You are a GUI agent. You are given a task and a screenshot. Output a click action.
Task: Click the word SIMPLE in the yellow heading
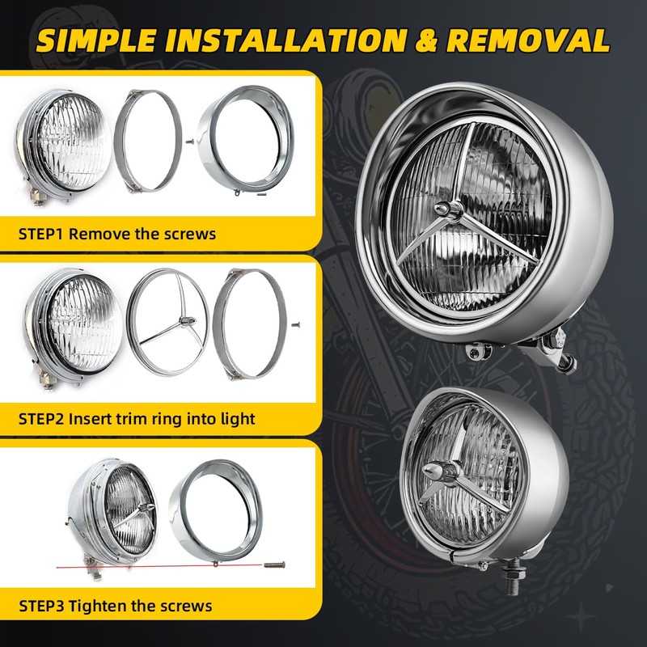click(97, 41)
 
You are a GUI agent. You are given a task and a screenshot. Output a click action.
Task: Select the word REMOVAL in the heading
click(528, 41)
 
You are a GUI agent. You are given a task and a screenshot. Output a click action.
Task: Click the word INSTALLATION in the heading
click(285, 41)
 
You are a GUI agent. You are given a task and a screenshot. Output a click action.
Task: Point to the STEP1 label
click(40, 234)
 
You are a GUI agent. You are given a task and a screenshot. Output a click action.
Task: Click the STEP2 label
click(41, 419)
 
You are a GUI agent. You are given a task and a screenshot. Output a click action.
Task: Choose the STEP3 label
click(41, 606)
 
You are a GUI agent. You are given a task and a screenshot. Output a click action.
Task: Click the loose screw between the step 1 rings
click(189, 142)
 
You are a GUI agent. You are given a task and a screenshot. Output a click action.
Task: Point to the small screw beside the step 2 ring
click(295, 325)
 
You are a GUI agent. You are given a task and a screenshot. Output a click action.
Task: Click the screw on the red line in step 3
click(274, 565)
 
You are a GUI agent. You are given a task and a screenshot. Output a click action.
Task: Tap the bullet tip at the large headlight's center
click(442, 208)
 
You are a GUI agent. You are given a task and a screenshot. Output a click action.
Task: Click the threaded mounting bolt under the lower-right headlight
click(512, 579)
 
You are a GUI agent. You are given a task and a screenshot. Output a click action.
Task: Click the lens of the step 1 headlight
click(73, 142)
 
